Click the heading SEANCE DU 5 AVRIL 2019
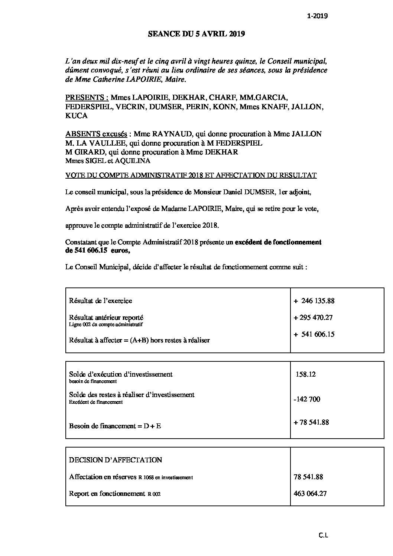[x=196, y=34]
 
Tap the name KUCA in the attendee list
[x=76, y=116]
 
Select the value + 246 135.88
[x=314, y=300]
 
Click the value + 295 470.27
[x=313, y=318]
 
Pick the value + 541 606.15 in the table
[x=314, y=334]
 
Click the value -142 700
[x=306, y=399]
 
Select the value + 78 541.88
[x=311, y=422]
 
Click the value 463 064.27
[x=310, y=494]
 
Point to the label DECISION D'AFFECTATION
[x=116, y=460]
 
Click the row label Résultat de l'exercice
[x=100, y=300]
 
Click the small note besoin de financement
[x=93, y=381]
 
